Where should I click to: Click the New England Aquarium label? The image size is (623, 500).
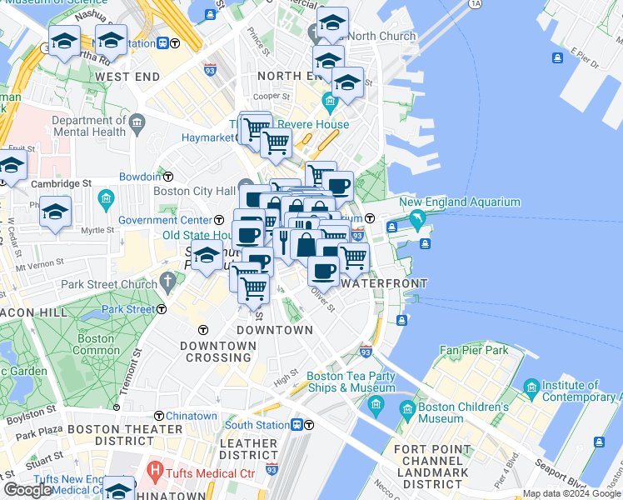(460, 202)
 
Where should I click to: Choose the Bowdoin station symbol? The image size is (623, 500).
(167, 177)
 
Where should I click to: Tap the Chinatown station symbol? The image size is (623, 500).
(158, 416)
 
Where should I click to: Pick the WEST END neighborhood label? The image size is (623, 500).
(127, 77)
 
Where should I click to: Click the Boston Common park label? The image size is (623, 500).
(96, 345)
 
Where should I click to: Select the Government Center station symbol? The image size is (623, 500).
(219, 220)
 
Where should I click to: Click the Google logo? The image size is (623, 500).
(28, 490)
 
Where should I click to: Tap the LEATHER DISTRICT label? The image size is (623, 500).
(248, 449)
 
